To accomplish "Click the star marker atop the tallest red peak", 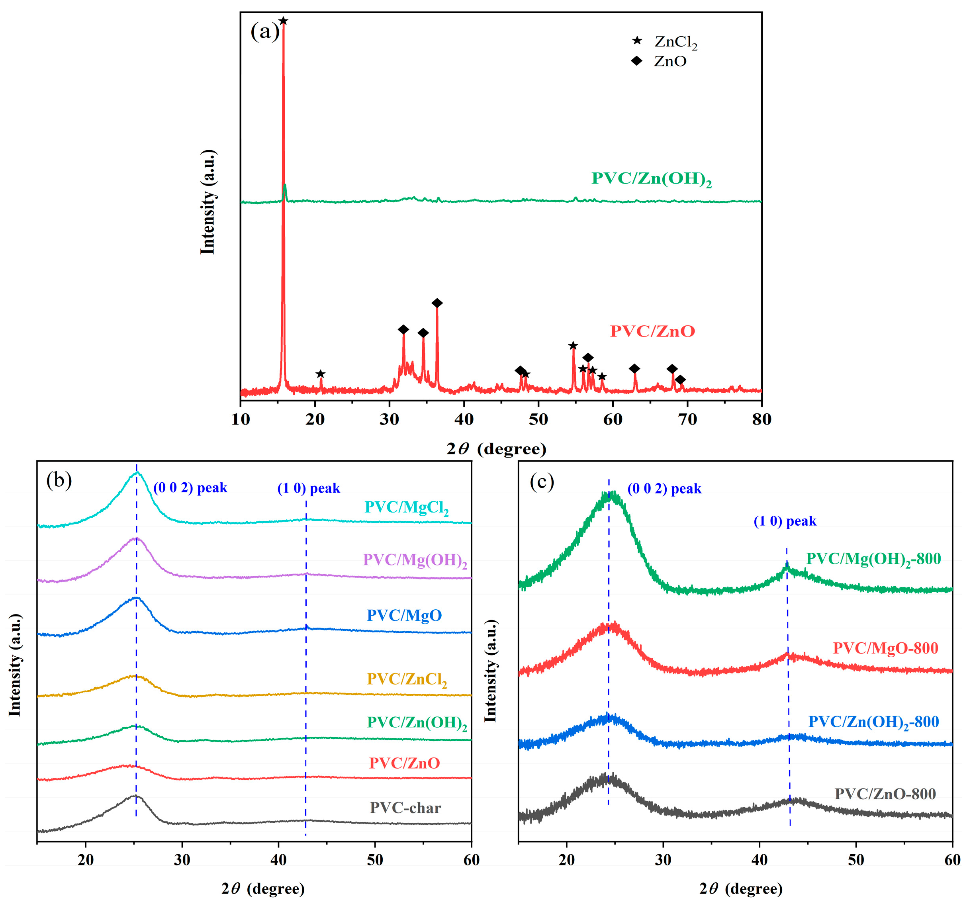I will coord(284,21).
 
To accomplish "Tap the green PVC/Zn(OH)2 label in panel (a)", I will coord(651,179).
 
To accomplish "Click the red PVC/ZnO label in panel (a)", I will coord(652,331).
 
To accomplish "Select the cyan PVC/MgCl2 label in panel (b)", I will coord(407,508).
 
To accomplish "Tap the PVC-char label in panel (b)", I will coord(405,808).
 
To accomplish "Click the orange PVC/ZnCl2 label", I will coord(407,679).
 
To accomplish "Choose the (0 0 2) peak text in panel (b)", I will coord(190,488).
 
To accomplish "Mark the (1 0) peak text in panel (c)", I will coord(785,521).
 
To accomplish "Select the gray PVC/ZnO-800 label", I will coord(885,794).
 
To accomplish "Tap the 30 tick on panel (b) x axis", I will coord(182,860).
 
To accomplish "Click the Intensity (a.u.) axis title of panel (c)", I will coord(490,671).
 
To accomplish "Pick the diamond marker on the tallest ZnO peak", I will coord(437,303).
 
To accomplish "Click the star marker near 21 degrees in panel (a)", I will coord(320,374).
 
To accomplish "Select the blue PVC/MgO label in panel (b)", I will coord(404,616).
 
